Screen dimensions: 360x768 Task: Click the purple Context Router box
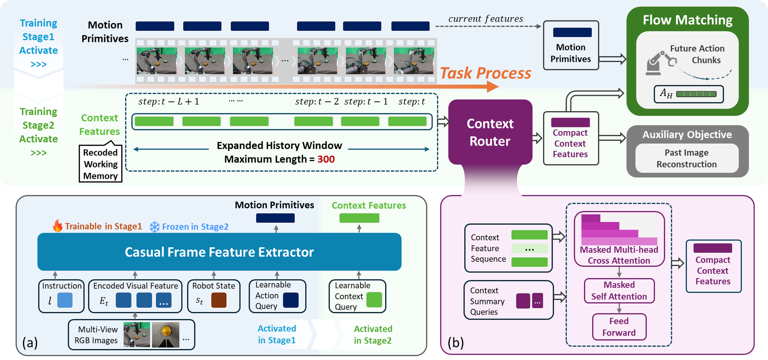(490, 132)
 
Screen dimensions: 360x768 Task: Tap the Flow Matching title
(687, 20)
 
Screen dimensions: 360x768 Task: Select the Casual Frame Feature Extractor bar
(219, 252)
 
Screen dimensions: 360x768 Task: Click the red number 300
(326, 159)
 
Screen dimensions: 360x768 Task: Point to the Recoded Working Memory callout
(100, 164)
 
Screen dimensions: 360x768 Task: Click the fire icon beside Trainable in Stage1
(57, 226)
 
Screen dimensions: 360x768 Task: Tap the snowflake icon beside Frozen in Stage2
(154, 227)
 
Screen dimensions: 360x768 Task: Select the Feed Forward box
(619, 327)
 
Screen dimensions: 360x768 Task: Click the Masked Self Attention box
(619, 290)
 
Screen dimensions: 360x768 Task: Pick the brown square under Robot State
(219, 300)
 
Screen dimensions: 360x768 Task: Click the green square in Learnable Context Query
(374, 300)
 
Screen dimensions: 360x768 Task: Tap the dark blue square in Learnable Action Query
(291, 300)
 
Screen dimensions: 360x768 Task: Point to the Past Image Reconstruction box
(686, 158)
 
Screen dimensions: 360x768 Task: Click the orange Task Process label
(486, 73)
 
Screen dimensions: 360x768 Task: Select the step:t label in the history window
(411, 102)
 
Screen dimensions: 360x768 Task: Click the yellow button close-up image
(166, 334)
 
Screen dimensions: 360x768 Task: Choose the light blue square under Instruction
(65, 300)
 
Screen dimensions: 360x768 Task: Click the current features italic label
(486, 19)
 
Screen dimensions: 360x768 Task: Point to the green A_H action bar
(696, 94)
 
